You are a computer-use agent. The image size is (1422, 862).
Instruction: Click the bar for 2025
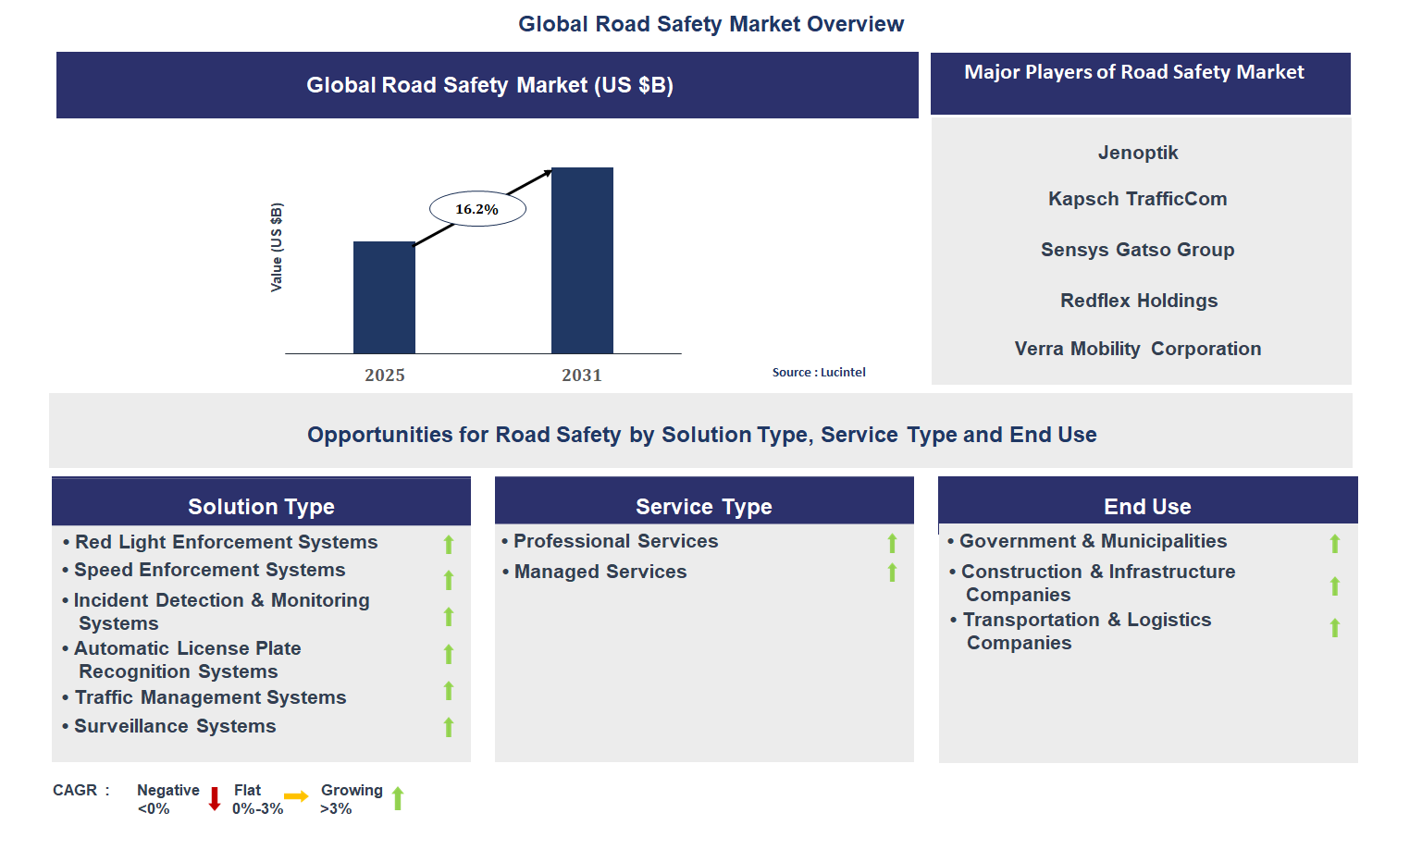384,297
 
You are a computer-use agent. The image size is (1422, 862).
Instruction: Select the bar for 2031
582,260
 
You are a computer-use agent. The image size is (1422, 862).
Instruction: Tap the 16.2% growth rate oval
477,209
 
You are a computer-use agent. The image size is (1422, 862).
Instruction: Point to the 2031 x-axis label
582,376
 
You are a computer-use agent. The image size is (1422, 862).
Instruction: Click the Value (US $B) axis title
276,248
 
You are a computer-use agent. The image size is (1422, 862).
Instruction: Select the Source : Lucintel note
819,373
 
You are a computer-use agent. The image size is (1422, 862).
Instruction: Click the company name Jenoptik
1138,153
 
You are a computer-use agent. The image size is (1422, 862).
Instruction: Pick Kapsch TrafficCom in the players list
1138,199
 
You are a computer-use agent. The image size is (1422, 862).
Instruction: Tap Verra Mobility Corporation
1138,349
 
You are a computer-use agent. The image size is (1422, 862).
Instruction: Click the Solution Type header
261,507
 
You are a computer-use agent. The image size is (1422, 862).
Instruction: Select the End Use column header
1147,507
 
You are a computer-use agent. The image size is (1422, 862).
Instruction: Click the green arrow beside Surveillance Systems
449,728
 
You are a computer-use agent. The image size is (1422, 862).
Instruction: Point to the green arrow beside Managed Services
892,573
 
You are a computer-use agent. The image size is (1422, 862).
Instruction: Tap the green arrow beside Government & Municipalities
1334,543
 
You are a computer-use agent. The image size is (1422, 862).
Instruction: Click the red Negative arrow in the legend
215,799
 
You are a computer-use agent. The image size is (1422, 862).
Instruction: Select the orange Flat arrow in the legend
296,796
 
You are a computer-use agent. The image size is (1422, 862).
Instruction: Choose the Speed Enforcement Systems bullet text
209,570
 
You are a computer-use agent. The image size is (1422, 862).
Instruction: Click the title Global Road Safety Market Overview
711,24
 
